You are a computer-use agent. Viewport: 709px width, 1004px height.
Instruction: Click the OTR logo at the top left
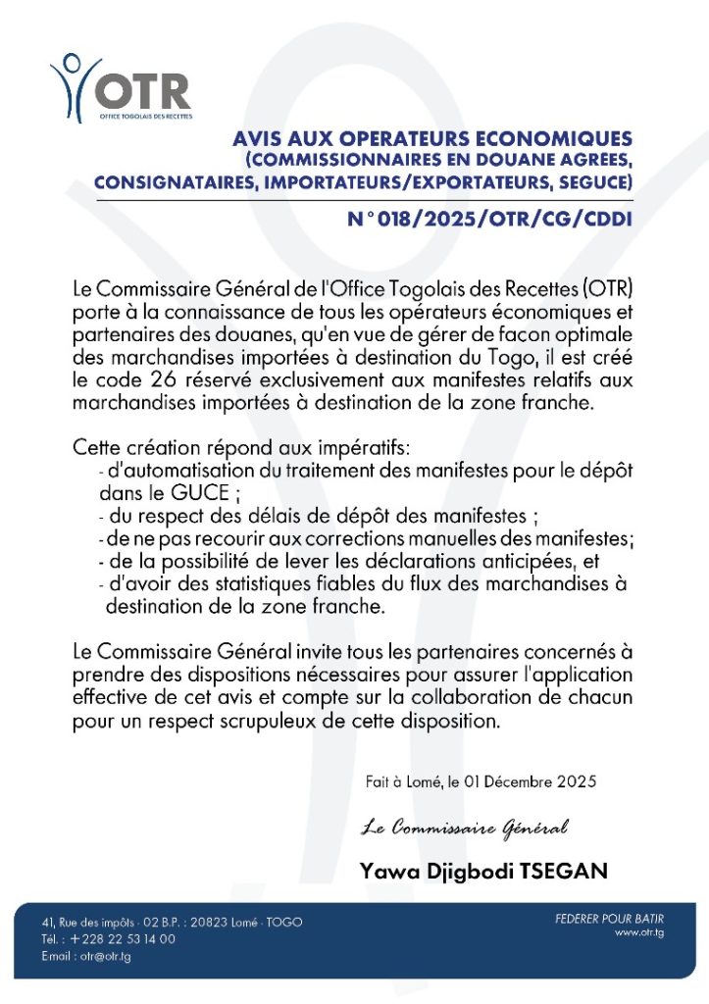pos(122,85)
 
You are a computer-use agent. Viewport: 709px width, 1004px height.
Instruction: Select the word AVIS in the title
pos(259,139)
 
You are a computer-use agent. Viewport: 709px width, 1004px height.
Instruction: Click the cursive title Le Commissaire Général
pos(464,829)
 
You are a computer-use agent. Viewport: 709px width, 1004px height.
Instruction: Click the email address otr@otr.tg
pos(102,956)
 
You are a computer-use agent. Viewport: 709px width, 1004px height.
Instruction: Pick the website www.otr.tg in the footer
pos(639,933)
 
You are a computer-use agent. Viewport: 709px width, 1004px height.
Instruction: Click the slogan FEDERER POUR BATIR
pos(609,919)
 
